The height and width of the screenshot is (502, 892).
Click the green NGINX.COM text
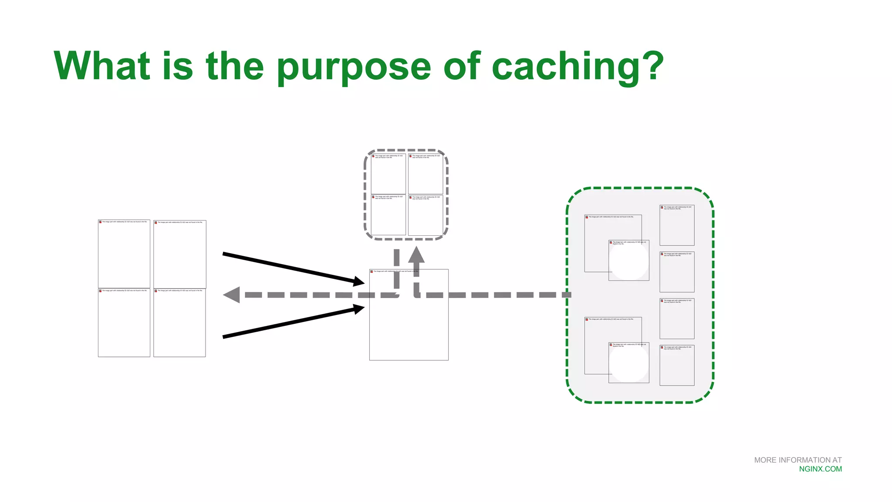[820, 469]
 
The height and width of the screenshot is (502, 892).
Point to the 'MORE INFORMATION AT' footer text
[797, 460]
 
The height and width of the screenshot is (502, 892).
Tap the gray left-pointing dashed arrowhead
[232, 295]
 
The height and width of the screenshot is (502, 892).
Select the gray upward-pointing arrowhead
[416, 254]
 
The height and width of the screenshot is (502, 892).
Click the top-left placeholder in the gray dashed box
[389, 173]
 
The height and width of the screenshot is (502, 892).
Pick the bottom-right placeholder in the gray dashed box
[426, 215]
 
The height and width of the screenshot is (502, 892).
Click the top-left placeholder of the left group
[124, 254]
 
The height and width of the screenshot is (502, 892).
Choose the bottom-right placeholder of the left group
[179, 322]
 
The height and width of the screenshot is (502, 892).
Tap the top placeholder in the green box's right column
[677, 225]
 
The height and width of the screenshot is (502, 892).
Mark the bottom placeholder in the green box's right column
[677, 365]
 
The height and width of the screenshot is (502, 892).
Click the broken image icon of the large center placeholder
[372, 271]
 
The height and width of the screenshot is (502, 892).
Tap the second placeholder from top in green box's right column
[677, 272]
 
